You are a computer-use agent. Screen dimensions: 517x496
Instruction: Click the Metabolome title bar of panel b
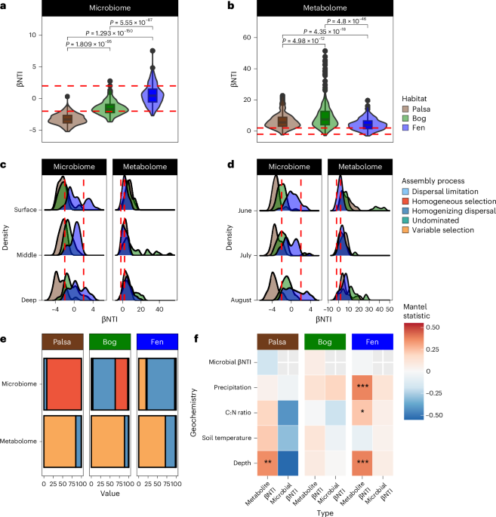point(325,8)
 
